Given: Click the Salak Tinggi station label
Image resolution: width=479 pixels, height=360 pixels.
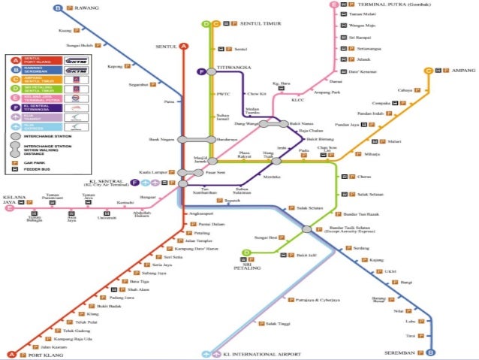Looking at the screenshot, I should (x=268, y=323).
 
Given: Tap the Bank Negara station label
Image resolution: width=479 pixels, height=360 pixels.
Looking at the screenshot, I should (x=161, y=139).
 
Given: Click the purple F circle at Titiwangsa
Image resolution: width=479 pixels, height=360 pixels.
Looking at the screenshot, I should (x=201, y=71).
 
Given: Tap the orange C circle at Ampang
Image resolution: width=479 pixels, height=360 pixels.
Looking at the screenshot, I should (x=428, y=71).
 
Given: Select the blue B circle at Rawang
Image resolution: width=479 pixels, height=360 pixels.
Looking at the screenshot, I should (x=58, y=8).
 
